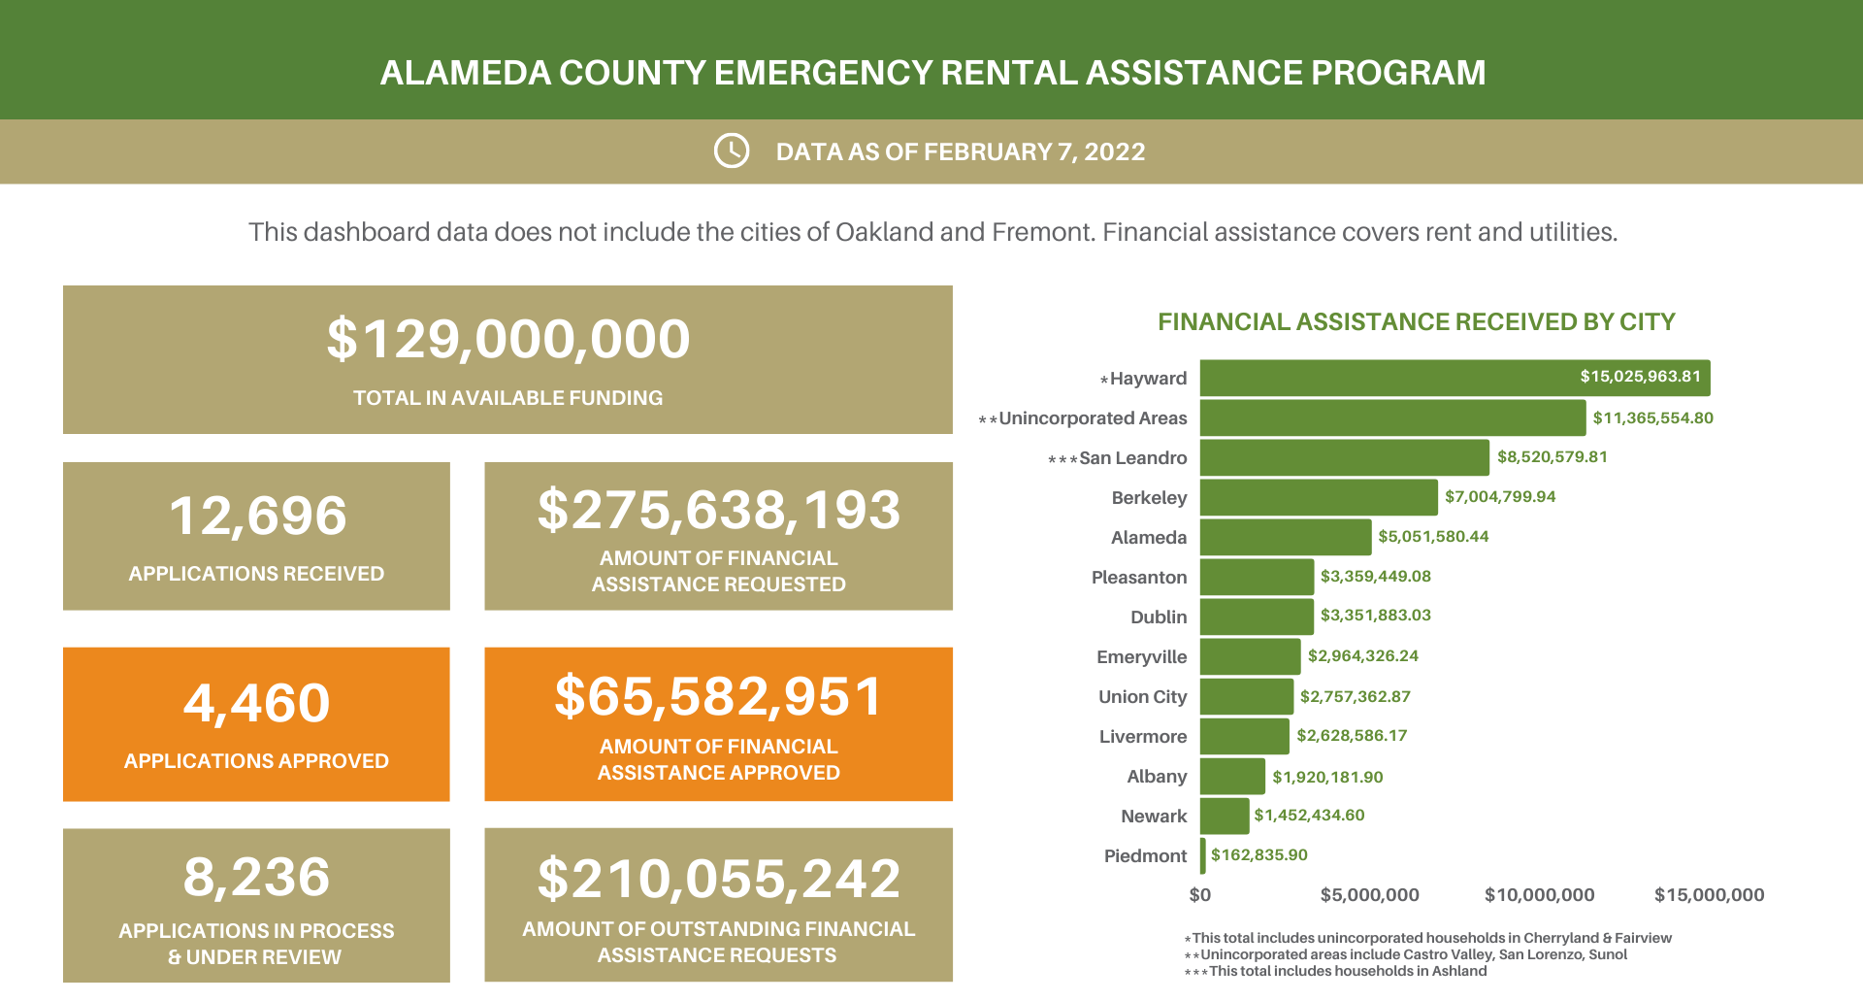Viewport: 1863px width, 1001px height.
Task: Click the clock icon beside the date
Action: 732,151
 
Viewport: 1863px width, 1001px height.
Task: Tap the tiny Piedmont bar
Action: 1203,855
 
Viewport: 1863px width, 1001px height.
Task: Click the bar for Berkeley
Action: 1318,497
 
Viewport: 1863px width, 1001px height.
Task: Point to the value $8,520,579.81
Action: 1552,457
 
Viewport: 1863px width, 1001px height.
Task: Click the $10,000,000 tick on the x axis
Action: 1539,895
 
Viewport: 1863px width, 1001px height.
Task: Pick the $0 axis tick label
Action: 1200,895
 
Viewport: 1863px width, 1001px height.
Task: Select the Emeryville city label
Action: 1141,657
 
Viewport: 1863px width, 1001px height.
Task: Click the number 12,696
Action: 257,516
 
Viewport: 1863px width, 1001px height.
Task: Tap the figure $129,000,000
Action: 507,340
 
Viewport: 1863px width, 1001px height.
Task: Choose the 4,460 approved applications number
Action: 257,703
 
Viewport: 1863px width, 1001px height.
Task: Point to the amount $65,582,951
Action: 718,697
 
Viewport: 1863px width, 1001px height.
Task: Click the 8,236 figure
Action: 257,878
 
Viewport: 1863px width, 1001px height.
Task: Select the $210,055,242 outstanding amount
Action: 718,880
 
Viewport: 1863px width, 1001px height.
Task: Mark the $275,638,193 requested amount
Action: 718,511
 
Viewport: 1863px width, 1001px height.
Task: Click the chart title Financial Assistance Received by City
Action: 1416,322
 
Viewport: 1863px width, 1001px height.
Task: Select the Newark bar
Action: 1225,817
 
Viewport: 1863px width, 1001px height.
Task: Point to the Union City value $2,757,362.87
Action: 1355,697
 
